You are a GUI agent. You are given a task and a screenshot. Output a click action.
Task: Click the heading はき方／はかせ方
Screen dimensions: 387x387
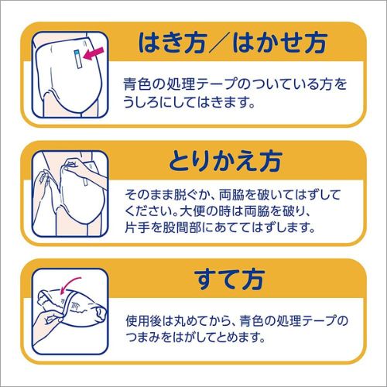[232, 43]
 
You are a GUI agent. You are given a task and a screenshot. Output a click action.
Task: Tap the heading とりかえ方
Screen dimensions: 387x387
[225, 162]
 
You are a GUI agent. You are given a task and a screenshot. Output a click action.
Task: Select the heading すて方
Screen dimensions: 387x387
[229, 279]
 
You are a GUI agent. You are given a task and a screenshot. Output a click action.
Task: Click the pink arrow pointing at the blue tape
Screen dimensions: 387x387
[94, 54]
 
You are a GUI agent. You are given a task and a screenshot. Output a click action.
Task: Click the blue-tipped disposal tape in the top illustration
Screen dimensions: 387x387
[78, 59]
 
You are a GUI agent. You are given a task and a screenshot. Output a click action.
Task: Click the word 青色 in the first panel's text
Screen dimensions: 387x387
[137, 84]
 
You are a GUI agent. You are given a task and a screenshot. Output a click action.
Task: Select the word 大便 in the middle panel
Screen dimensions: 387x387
[193, 211]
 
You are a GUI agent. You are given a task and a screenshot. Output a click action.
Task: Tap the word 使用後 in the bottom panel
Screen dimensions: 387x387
[146, 320]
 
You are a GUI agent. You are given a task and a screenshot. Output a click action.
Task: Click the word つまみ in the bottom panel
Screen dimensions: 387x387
[146, 337]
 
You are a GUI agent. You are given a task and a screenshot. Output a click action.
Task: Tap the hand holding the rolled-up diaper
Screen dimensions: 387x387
[49, 322]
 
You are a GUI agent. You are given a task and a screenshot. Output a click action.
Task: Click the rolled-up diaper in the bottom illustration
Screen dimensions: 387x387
[75, 307]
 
